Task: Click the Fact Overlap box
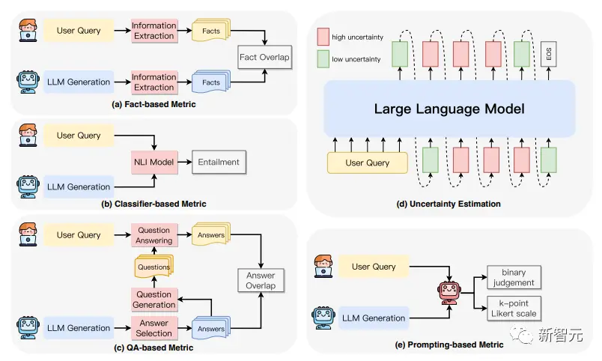(x=264, y=57)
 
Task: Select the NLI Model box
(x=154, y=162)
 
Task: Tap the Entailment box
(x=219, y=162)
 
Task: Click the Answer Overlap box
(x=261, y=280)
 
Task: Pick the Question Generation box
(x=154, y=300)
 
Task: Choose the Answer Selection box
(x=154, y=328)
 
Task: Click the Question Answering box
(x=154, y=235)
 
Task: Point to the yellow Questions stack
(x=154, y=266)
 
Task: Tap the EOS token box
(x=549, y=54)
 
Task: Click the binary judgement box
(x=514, y=277)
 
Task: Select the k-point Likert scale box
(x=514, y=309)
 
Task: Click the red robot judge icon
(x=449, y=293)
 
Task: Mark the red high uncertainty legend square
(x=323, y=37)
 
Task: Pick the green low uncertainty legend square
(x=323, y=59)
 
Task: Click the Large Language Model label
(x=449, y=109)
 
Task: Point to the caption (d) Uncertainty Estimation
(x=449, y=204)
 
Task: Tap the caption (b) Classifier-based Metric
(x=153, y=204)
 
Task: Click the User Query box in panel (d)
(x=368, y=163)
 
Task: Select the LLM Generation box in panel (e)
(x=374, y=318)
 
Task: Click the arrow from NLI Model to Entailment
(x=185, y=162)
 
